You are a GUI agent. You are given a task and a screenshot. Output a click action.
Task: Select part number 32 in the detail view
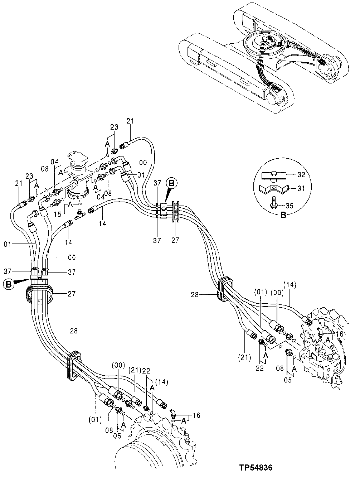[301, 175]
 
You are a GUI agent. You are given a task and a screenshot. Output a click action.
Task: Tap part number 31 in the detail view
[301, 188]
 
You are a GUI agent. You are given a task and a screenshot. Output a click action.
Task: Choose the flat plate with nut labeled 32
[274, 175]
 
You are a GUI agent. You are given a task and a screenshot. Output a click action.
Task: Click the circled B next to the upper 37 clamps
[171, 184]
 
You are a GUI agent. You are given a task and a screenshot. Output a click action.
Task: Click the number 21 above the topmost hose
[130, 121]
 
